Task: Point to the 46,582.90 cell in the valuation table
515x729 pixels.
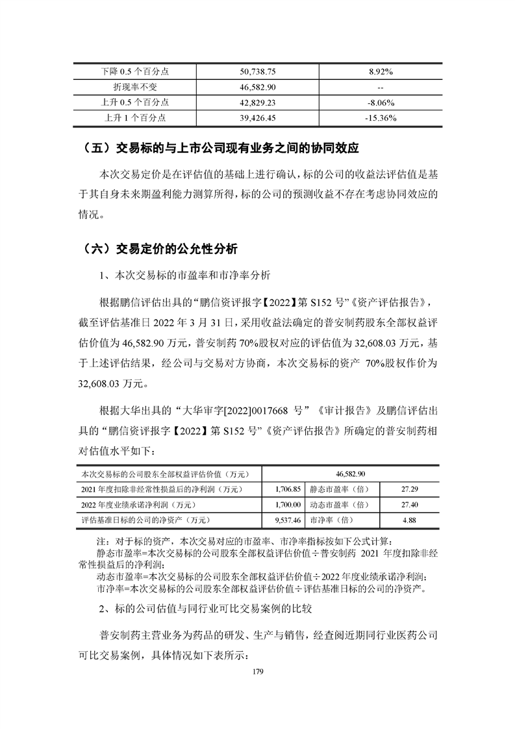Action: coord(351,474)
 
